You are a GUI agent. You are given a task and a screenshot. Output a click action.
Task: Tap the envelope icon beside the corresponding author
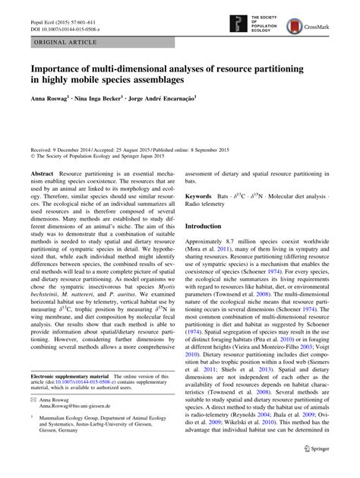(34, 419)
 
